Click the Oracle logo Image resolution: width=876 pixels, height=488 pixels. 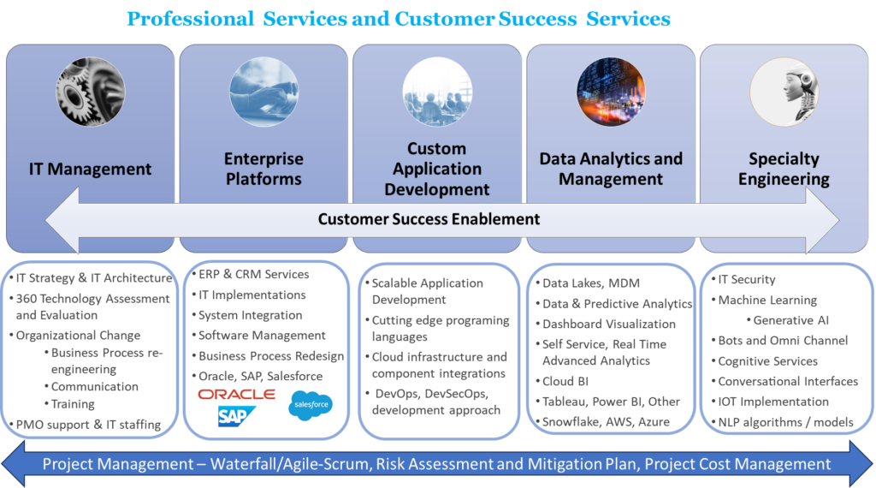[x=236, y=395]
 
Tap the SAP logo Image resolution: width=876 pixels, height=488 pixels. [x=236, y=416]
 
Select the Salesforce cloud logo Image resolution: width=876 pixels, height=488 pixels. [x=311, y=405]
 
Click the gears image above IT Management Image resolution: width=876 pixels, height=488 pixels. [x=91, y=92]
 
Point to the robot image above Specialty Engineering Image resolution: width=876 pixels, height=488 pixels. [x=784, y=92]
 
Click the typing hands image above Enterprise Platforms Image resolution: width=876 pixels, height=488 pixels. [x=263, y=92]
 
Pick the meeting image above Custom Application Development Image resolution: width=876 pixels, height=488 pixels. [x=437, y=92]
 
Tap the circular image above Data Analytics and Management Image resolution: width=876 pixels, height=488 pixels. [x=611, y=92]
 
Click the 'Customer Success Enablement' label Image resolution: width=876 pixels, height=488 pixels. [x=429, y=219]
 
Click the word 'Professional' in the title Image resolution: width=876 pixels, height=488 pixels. [x=191, y=19]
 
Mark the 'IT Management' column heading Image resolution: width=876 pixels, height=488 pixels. [x=90, y=169]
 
